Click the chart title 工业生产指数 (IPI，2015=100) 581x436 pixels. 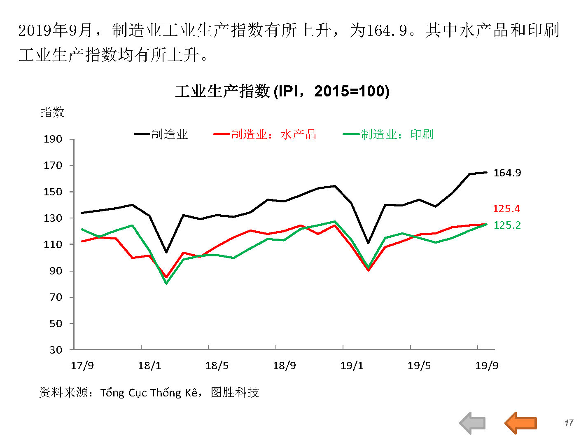(282, 91)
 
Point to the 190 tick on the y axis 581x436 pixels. (53, 139)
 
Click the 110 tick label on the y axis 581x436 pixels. (53, 245)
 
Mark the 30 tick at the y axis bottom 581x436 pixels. (56, 350)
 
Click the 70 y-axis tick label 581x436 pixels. (56, 297)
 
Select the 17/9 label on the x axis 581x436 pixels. (82, 366)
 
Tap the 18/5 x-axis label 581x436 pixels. (217, 366)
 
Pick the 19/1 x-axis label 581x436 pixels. (352, 366)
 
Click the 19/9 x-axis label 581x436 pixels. (486, 366)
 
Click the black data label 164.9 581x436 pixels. (507, 173)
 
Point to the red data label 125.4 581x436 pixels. (506, 209)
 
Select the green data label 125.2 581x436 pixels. (507, 225)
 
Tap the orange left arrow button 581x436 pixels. (520, 422)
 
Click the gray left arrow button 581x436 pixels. (472, 422)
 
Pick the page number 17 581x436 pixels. (569, 423)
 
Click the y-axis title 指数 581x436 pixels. (52, 112)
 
